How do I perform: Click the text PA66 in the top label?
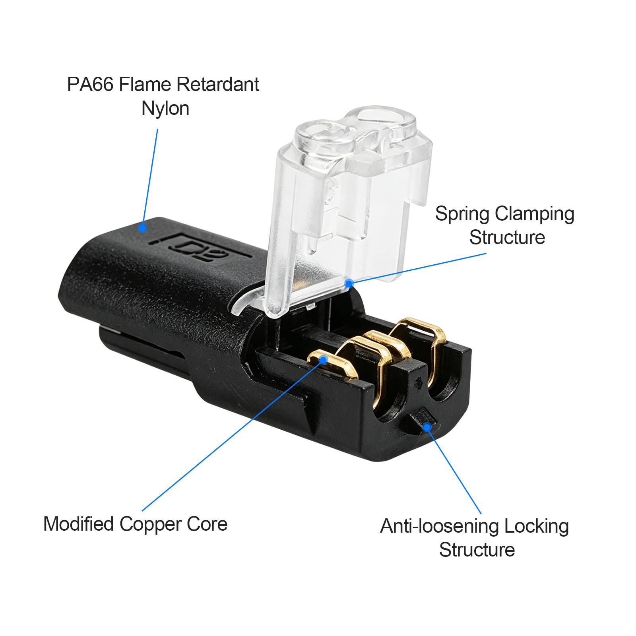tap(90, 84)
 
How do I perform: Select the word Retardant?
tap(218, 84)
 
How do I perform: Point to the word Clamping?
tap(535, 215)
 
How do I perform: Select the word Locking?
tap(537, 527)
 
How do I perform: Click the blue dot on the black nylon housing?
tap(142, 228)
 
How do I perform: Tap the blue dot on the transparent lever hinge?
tap(349, 283)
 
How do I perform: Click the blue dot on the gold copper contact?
tap(323, 360)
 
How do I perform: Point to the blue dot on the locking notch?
tap(427, 427)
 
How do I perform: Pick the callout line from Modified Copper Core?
tap(233, 435)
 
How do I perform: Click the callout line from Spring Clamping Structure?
tap(417, 268)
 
